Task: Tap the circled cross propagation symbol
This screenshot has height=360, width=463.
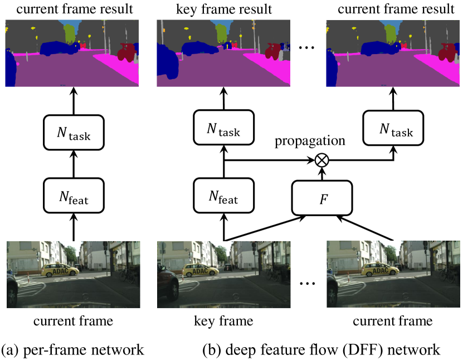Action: point(321,160)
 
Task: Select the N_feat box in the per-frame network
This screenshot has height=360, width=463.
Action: point(74,196)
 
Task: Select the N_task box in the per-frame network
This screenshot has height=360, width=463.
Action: point(74,132)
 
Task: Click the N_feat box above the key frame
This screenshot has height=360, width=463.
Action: point(223,196)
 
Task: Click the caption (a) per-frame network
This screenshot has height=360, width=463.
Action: point(73,349)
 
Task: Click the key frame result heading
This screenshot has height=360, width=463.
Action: point(223,9)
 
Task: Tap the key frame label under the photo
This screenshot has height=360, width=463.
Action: point(223,321)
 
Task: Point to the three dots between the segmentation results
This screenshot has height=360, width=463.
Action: point(307,49)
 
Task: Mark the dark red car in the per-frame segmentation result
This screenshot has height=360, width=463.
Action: point(128,53)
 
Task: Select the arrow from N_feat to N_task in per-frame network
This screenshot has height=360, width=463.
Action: point(74,164)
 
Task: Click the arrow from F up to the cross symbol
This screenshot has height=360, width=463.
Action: point(321,174)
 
